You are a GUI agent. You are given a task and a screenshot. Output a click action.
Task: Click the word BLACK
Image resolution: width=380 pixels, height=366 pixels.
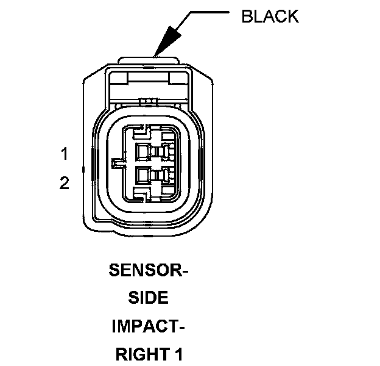pyautogui.click(x=270, y=16)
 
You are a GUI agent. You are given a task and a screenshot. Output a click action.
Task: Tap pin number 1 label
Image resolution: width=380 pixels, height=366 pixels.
pyautogui.click(x=65, y=154)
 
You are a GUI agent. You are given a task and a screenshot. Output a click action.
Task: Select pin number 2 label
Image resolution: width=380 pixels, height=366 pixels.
pyautogui.click(x=65, y=184)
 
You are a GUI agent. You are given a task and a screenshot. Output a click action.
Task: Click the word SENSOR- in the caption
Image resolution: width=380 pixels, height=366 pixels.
pyautogui.click(x=149, y=270)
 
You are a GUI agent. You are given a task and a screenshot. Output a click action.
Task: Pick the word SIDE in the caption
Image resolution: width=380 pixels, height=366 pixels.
pyautogui.click(x=149, y=298)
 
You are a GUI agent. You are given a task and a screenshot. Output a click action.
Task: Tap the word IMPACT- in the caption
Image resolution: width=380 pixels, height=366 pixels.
pyautogui.click(x=149, y=326)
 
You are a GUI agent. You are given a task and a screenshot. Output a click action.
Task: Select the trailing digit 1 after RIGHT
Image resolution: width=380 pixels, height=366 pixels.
pyautogui.click(x=178, y=354)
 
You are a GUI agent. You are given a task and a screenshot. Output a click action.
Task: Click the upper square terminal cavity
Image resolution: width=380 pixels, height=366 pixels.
pyautogui.click(x=143, y=151)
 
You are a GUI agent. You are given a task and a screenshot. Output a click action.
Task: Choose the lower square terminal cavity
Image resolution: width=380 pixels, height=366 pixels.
pyautogui.click(x=143, y=176)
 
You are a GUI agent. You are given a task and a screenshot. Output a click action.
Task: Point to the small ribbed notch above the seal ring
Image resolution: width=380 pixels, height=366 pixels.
pyautogui.click(x=147, y=100)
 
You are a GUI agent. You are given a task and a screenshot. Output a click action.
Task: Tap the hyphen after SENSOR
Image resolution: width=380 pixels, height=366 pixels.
pyautogui.click(x=185, y=270)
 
